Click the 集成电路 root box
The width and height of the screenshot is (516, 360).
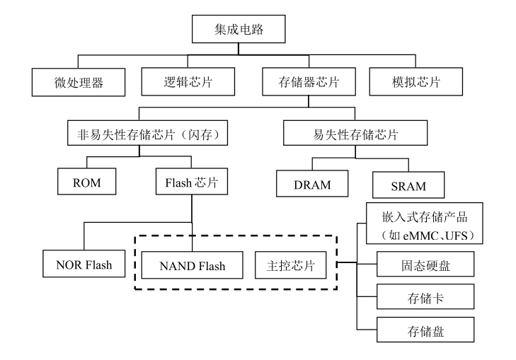239,30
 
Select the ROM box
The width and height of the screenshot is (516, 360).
86,183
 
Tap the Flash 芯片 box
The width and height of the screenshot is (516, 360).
191,183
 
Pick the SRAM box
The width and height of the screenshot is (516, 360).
408,186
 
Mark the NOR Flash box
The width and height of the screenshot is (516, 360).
79,266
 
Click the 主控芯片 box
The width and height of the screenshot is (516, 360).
290,266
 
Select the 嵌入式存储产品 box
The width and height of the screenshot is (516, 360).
423,224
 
